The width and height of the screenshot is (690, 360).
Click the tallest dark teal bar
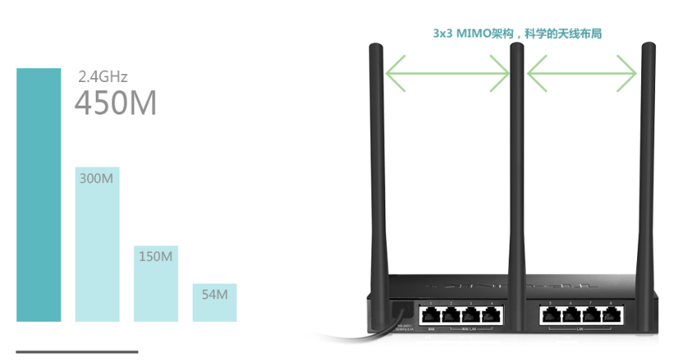point(38,195)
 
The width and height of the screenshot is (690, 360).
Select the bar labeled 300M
point(98,244)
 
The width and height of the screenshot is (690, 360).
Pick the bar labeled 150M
point(155,284)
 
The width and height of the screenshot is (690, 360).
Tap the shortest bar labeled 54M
point(215,302)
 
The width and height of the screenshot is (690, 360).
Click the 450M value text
point(115,104)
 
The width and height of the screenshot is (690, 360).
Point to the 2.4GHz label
point(102,77)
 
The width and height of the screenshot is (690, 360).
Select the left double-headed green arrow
point(448,75)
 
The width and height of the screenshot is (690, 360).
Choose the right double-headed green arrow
point(582,75)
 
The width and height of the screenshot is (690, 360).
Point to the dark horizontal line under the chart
point(77,352)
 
